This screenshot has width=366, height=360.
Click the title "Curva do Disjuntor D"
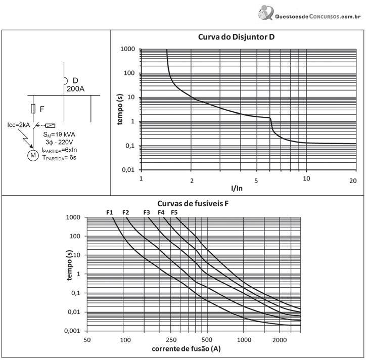236,37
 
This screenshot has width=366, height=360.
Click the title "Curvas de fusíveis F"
193,204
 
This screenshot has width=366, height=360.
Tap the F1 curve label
110,212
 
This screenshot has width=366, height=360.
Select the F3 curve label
147,212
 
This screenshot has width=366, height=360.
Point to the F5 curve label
174,212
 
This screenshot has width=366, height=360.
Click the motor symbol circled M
33,156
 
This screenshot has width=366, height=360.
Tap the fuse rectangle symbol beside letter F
33,109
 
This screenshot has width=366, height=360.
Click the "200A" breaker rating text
75,89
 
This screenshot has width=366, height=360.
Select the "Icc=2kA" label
19,125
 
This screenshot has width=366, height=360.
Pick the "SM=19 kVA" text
59,134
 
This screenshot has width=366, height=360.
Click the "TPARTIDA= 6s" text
59,158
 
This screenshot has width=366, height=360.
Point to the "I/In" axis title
237,188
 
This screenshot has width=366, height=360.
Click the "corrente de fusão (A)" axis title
186,349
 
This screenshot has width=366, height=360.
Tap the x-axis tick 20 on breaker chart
353,181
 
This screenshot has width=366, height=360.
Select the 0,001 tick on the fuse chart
72,331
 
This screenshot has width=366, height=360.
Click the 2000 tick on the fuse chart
280,340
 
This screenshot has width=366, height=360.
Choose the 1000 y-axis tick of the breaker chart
128,49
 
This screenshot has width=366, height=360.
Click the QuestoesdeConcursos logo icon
266,13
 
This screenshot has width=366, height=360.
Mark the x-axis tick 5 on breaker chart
256,181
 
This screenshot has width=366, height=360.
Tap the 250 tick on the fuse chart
171,340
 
